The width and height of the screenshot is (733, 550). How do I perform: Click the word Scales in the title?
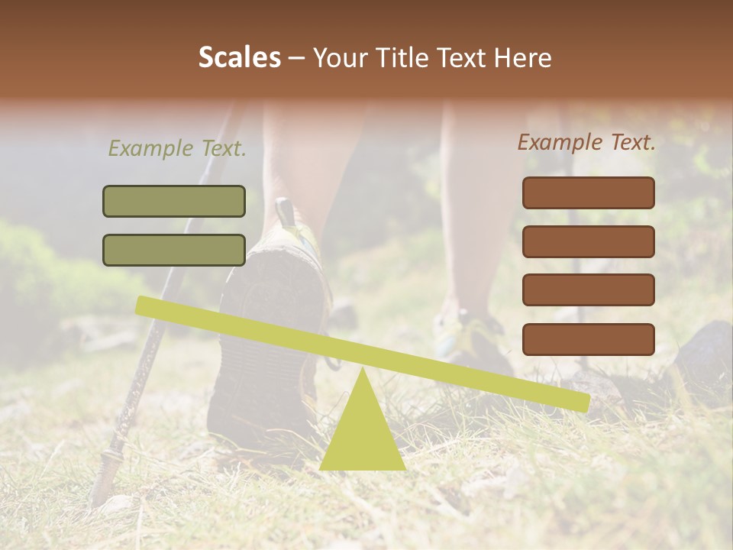coord(239,58)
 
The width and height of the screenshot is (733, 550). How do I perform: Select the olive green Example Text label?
coord(177,148)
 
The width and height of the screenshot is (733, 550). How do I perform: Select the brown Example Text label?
coord(586,142)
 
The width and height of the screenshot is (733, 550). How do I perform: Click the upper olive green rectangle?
coord(174,201)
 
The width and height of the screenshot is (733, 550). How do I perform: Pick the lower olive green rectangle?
coord(174,250)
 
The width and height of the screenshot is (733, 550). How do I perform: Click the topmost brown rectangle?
coord(588,192)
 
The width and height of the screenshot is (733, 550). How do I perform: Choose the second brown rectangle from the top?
coord(588,241)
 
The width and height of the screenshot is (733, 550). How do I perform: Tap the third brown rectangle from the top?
coord(588,290)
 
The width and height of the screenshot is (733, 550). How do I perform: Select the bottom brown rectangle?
coord(588,339)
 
